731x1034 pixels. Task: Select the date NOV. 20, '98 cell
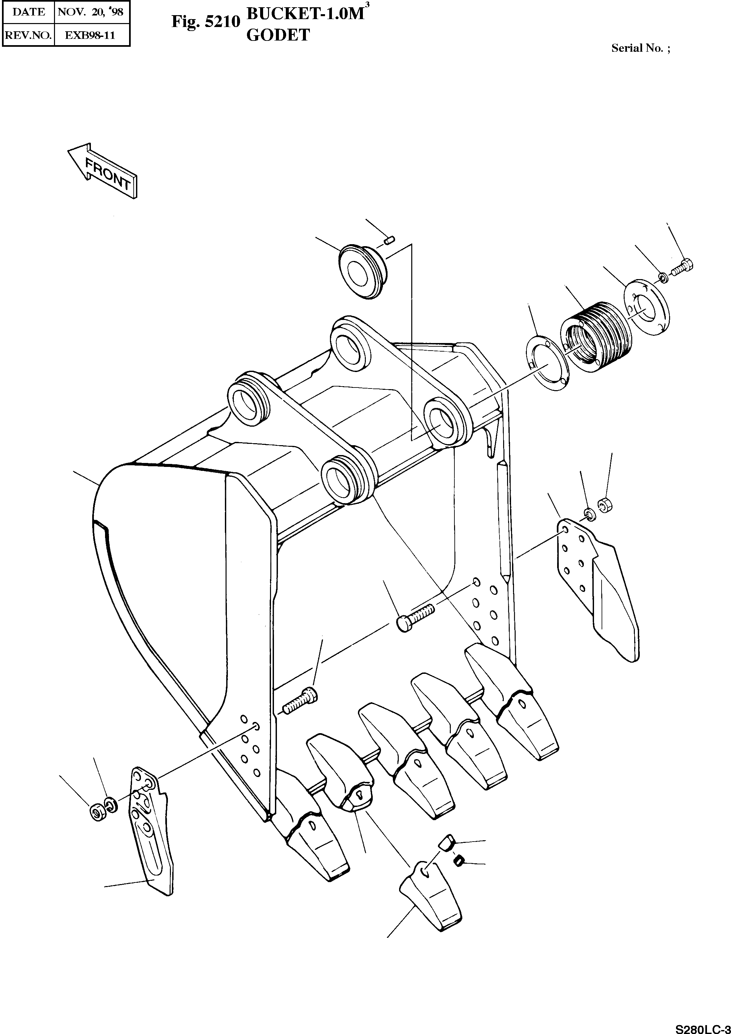92,12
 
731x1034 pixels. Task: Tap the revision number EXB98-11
92,35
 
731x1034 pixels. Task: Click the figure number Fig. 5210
205,22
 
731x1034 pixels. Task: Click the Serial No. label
640,48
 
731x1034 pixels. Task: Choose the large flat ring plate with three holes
646,307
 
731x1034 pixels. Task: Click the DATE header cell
28,12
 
